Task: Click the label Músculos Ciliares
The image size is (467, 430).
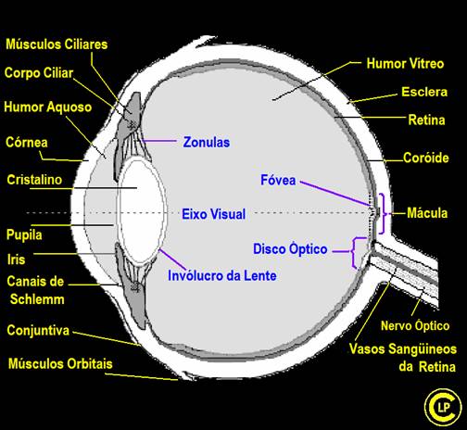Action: [x=57, y=44]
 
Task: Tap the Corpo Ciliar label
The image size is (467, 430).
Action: [x=39, y=73]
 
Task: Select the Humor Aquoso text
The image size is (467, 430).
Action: [x=48, y=107]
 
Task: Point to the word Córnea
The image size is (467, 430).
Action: [x=27, y=143]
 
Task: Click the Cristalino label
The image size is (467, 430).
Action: [x=34, y=180]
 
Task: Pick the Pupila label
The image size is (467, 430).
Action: [x=24, y=235]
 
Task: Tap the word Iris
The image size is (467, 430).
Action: [x=16, y=259]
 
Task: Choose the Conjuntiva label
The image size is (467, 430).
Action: [x=38, y=331]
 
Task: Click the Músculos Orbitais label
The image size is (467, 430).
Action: [x=60, y=363]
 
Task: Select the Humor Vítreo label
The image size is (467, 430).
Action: [x=405, y=64]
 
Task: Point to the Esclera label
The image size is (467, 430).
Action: [x=424, y=92]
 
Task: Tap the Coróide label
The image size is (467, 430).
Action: [x=426, y=158]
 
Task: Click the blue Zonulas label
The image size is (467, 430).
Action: [x=207, y=143]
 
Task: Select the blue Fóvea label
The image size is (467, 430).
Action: [x=278, y=180]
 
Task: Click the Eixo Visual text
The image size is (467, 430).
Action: [x=213, y=214]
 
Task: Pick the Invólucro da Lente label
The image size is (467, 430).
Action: [x=222, y=275]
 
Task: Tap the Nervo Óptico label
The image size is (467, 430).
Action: [x=415, y=325]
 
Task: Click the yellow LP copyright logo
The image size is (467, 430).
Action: [x=441, y=406]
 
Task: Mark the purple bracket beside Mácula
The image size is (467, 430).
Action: [x=384, y=213]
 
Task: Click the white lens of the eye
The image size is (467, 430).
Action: [x=142, y=211]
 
